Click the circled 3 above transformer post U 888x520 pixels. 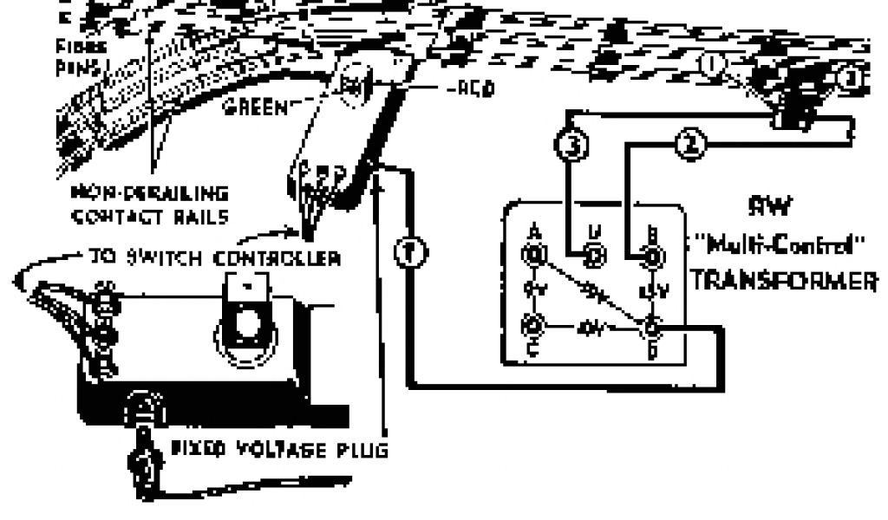pos(570,146)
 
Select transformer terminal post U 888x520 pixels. pos(594,255)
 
